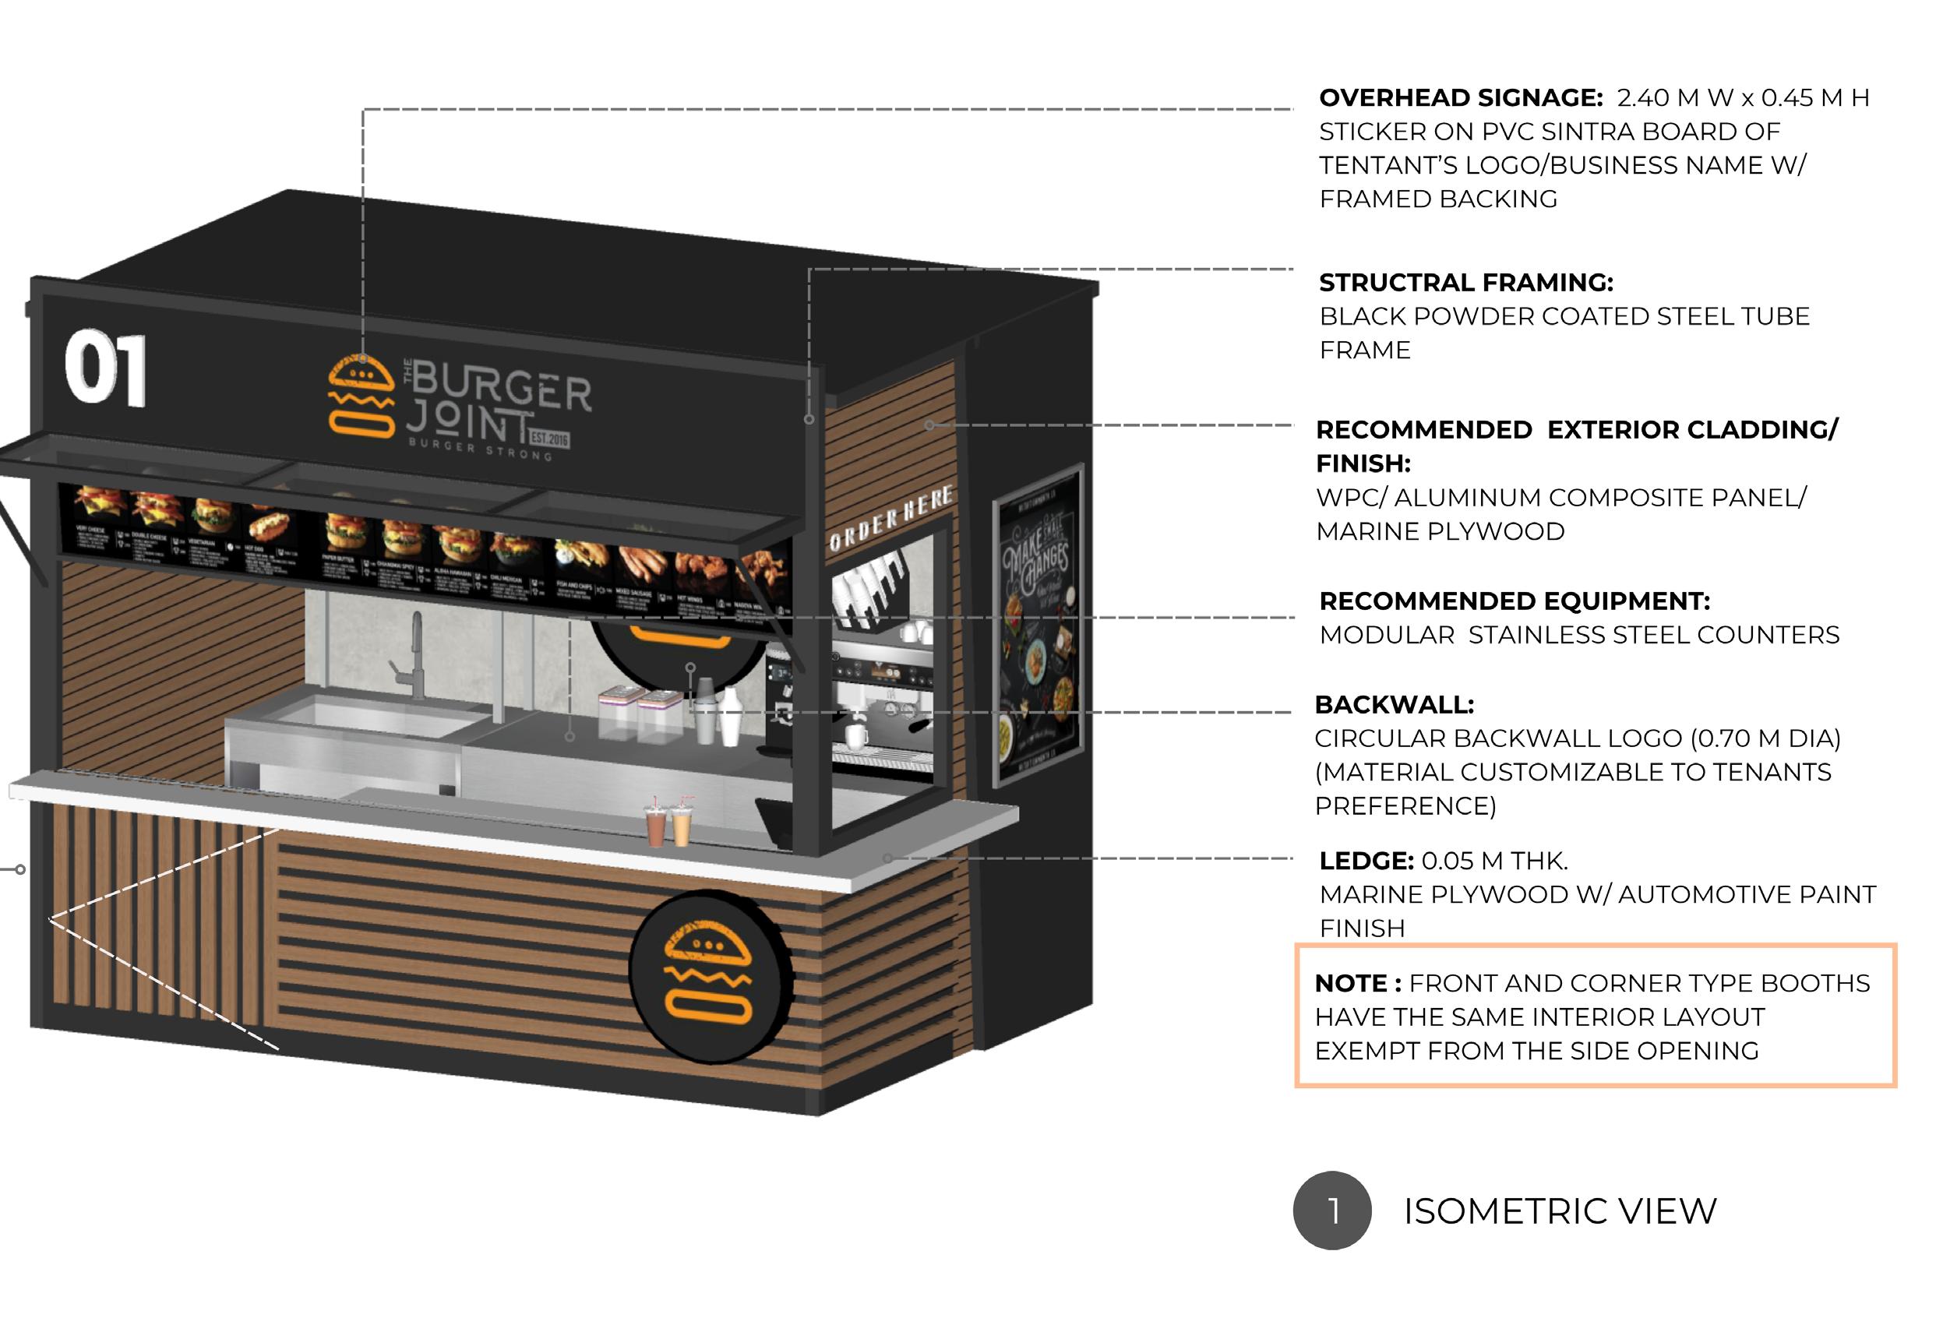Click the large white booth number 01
pyautogui.click(x=106, y=368)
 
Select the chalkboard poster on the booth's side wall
pyautogui.click(x=1037, y=627)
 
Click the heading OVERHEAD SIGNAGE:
pyautogui.click(x=1460, y=98)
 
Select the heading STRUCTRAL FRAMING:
pyautogui.click(x=1465, y=284)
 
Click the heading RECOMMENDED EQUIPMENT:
pyautogui.click(x=1514, y=601)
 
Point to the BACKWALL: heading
pyautogui.click(x=1394, y=704)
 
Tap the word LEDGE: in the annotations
pyautogui.click(x=1366, y=861)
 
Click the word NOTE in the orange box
pyautogui.click(x=1350, y=984)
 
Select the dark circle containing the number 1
pyautogui.click(x=1331, y=1210)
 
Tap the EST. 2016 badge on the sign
pyautogui.click(x=550, y=438)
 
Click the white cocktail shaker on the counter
pyautogui.click(x=730, y=716)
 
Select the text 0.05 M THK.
pyautogui.click(x=1494, y=861)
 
